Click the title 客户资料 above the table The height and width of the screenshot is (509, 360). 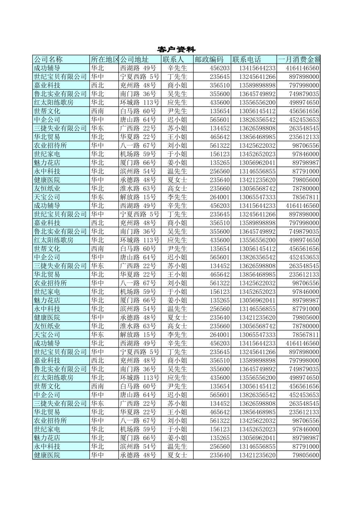(x=176, y=50)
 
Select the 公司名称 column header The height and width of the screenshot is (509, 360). (x=48, y=59)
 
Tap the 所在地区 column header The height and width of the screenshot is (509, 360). (x=105, y=59)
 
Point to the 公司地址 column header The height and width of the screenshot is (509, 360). (x=135, y=59)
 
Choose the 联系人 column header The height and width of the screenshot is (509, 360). (x=173, y=59)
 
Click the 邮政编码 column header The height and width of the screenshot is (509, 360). (x=209, y=59)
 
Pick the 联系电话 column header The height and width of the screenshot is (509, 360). (x=247, y=59)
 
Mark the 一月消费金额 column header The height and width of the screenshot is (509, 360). (x=299, y=59)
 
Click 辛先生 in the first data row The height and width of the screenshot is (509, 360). (x=177, y=68)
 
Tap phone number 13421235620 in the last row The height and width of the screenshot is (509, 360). (x=257, y=455)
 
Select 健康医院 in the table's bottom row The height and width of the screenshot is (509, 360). (x=47, y=455)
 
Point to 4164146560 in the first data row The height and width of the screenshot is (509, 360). (x=302, y=68)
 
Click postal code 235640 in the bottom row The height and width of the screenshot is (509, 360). (x=220, y=455)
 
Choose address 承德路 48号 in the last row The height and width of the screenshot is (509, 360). (x=138, y=455)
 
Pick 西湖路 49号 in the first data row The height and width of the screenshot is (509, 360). (x=138, y=68)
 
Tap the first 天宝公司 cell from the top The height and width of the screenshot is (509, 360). (x=47, y=197)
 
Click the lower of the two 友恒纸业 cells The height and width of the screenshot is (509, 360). (x=47, y=326)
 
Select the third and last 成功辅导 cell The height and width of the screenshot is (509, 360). (x=47, y=343)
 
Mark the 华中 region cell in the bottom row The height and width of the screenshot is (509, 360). (x=97, y=455)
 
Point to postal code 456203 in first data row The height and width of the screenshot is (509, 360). (x=220, y=68)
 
